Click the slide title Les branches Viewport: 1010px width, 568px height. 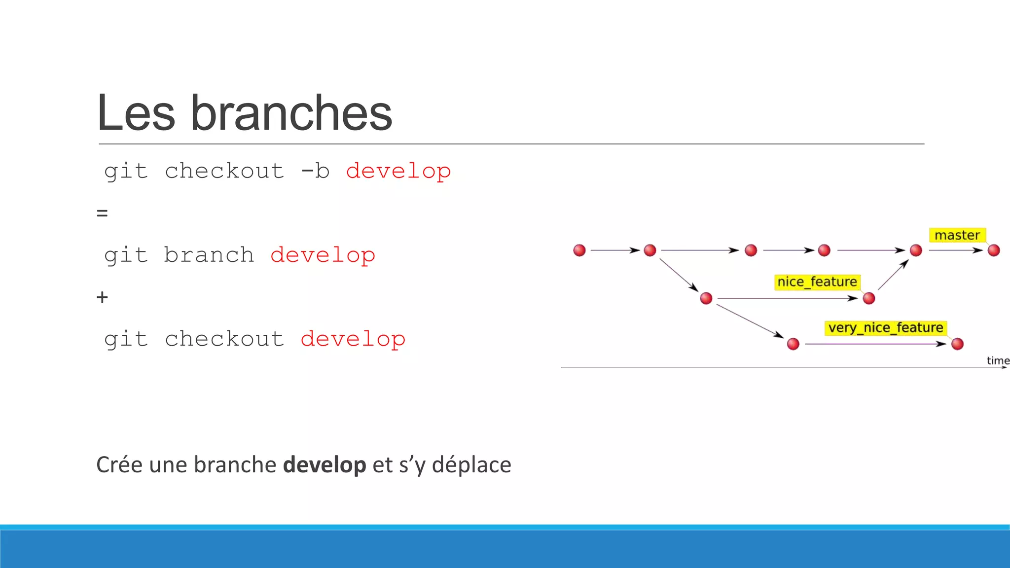coord(244,113)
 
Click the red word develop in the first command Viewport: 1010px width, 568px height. coord(398,171)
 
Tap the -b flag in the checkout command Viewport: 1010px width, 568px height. coord(315,171)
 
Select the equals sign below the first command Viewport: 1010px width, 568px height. coord(102,213)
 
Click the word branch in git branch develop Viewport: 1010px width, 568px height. coord(209,255)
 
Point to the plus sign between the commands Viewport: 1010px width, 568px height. coord(102,297)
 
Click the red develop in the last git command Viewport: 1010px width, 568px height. coord(353,339)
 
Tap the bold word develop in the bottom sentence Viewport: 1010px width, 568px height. coord(325,464)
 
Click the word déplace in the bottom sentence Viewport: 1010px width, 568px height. coord(471,464)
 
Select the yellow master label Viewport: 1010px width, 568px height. coord(957,235)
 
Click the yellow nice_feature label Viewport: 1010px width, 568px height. coord(817,282)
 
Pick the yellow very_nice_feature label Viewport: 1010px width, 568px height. coord(885,328)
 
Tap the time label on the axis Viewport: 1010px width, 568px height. coord(998,360)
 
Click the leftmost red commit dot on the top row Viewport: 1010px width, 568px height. coord(579,250)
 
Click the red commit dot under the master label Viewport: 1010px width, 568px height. coord(994,250)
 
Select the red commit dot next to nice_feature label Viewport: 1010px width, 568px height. coord(869,298)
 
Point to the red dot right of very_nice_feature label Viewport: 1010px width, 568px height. coord(957,344)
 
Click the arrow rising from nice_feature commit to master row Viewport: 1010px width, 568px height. coord(893,275)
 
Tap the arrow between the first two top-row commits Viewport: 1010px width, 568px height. coord(614,250)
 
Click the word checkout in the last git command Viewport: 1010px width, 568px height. coord(224,339)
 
